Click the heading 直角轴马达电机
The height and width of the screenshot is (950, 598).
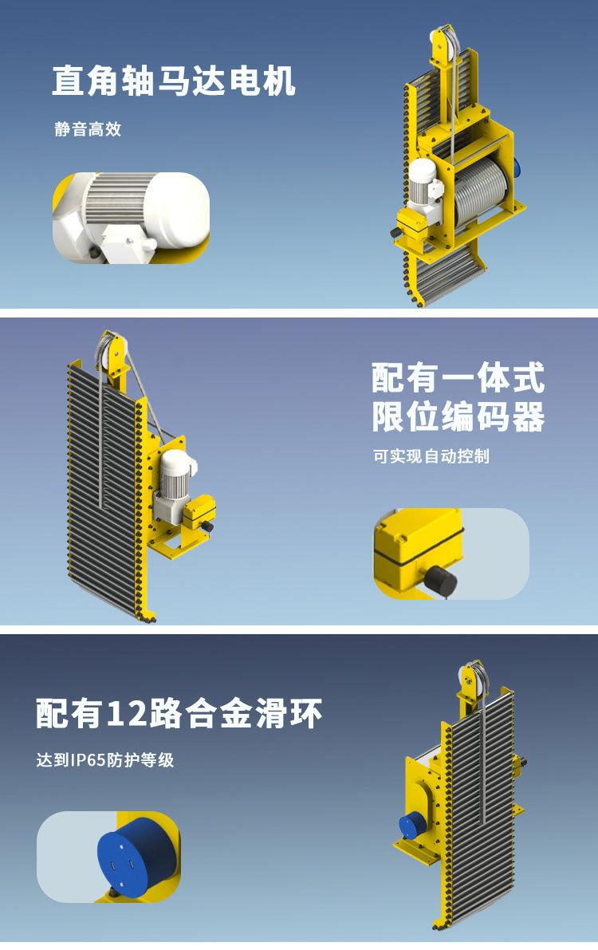coord(174,82)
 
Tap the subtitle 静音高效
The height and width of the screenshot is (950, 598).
coord(88,129)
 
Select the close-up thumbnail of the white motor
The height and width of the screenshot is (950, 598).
coord(131,218)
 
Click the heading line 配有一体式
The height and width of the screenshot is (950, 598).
coord(458,378)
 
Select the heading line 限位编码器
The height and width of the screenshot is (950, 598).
coord(458,416)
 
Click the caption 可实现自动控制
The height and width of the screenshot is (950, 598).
coord(431,457)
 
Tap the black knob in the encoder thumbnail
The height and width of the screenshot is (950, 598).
coord(439,580)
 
